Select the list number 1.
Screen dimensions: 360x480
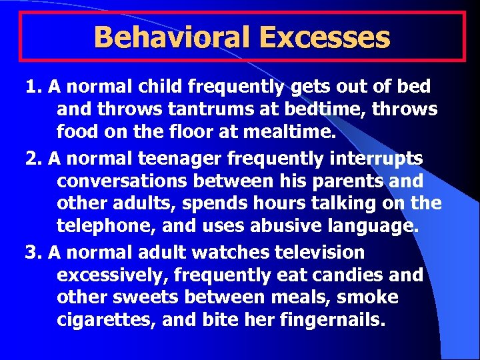pyautogui.click(x=32, y=87)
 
